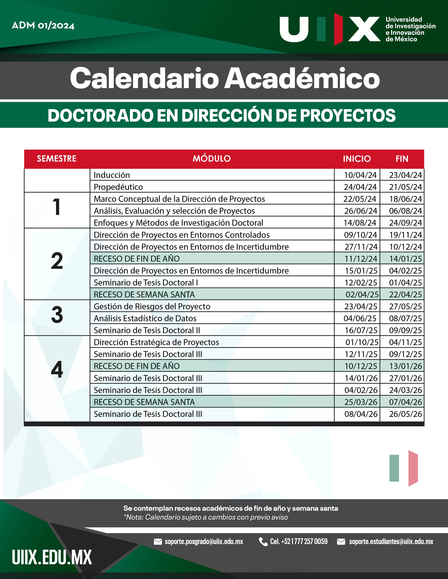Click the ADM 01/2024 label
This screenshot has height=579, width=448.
point(43,25)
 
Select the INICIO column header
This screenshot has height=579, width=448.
point(357,159)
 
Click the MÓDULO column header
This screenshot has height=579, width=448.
point(211,159)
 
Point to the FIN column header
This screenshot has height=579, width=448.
point(402,159)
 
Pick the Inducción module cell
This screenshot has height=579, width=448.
point(112,175)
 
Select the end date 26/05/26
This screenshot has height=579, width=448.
point(405,414)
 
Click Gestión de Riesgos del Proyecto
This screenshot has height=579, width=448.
point(152,307)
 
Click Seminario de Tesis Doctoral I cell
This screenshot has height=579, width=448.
point(146,283)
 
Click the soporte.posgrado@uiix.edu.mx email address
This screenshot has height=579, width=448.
point(204,542)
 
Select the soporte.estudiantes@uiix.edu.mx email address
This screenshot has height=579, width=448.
point(391,542)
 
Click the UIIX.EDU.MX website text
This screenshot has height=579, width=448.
point(52,558)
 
